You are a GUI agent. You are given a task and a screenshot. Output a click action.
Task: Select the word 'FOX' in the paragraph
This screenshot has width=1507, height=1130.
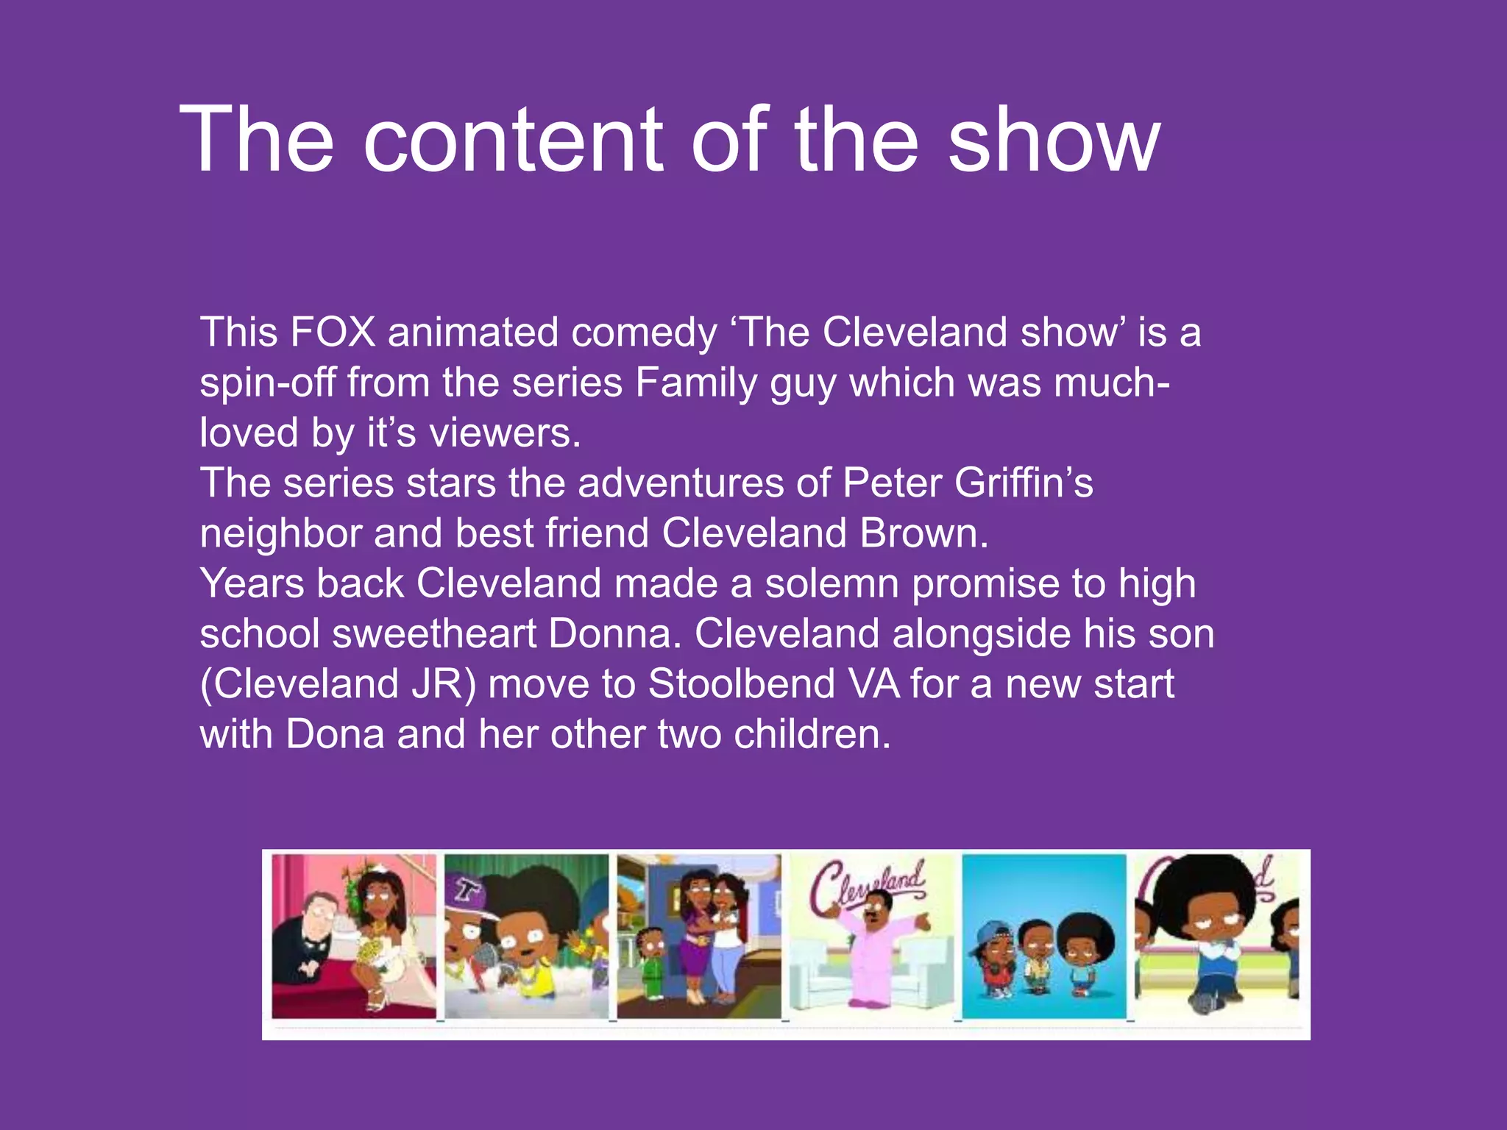[333, 332]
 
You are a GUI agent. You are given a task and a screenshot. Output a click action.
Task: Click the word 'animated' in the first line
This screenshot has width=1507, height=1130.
[473, 332]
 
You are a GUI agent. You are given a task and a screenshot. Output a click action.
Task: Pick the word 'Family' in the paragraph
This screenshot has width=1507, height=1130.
[696, 383]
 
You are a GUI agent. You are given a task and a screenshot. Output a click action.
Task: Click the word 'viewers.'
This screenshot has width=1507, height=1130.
[506, 433]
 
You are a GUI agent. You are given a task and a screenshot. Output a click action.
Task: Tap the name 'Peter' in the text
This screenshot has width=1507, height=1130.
[892, 483]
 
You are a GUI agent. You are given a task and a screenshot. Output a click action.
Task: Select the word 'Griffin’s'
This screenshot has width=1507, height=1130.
[1024, 483]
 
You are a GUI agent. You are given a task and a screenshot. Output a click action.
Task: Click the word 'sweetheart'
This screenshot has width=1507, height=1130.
[434, 634]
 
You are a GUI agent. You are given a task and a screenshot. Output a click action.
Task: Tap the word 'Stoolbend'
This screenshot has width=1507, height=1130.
[742, 684]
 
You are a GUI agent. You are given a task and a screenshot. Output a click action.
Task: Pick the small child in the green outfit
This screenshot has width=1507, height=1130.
[649, 956]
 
